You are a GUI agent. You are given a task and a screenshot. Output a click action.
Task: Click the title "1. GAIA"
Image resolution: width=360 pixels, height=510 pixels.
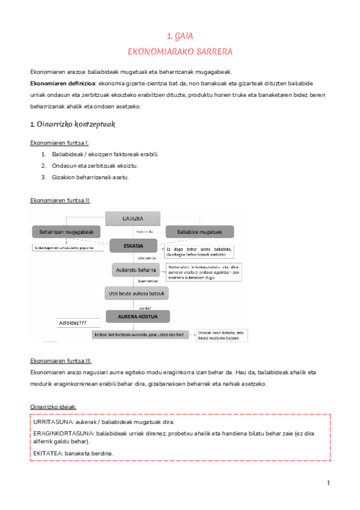[x=180, y=37]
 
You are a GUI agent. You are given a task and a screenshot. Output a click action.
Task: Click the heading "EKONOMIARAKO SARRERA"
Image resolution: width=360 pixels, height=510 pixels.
[x=180, y=52]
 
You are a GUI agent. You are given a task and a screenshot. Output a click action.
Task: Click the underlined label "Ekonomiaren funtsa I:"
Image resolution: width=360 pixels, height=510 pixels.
[x=59, y=143]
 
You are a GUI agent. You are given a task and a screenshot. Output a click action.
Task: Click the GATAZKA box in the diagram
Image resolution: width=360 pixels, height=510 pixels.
[x=133, y=219]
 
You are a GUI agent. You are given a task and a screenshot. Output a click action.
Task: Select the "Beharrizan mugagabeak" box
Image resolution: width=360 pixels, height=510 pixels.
[x=66, y=232]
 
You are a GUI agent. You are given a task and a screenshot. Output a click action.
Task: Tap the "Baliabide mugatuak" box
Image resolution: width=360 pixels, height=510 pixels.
[x=200, y=232]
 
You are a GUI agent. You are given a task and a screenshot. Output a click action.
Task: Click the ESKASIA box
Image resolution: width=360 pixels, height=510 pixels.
[x=133, y=246]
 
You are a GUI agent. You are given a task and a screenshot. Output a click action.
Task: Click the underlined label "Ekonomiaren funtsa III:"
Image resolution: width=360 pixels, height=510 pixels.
[x=61, y=361]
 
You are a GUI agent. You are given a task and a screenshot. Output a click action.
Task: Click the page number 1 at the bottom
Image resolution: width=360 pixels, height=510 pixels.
[x=329, y=484]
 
